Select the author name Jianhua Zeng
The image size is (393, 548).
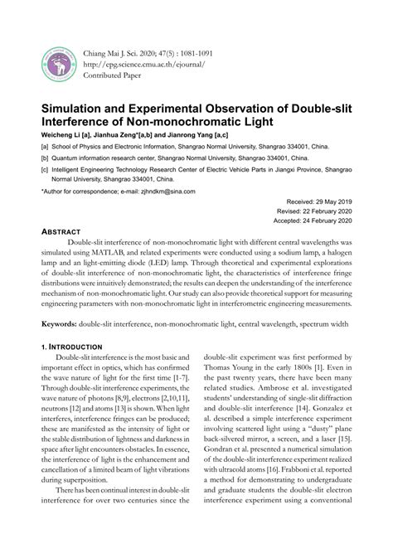click(117, 135)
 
